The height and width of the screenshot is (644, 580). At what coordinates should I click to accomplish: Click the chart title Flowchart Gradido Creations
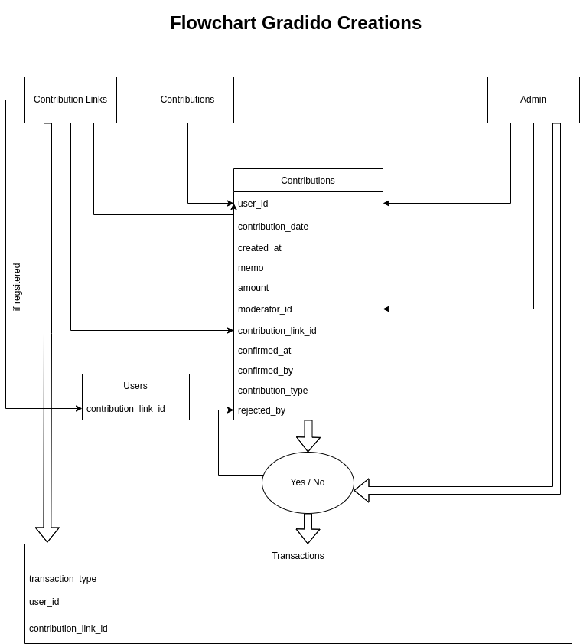(295, 23)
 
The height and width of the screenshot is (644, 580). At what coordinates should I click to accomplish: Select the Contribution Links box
(70, 100)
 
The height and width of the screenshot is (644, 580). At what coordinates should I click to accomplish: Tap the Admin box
(533, 100)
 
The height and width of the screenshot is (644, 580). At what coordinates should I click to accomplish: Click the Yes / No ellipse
(308, 482)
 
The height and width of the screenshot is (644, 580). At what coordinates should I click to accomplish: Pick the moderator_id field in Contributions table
(265, 309)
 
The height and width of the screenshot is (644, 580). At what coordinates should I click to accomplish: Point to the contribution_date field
(273, 227)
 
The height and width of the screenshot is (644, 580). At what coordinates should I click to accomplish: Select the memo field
(251, 268)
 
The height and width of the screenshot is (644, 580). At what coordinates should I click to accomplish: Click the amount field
(253, 288)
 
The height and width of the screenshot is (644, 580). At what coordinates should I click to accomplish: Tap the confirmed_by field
(266, 371)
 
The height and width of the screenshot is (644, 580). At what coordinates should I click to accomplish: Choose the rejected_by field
(262, 410)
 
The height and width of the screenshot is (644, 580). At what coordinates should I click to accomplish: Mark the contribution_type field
(272, 391)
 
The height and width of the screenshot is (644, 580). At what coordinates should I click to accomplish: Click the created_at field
(259, 248)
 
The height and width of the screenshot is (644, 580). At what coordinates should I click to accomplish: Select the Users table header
(135, 386)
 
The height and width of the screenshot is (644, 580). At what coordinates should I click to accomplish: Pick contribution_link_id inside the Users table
(125, 409)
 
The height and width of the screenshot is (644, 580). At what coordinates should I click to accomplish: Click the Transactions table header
(298, 556)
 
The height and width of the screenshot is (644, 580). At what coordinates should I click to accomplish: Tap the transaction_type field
(63, 579)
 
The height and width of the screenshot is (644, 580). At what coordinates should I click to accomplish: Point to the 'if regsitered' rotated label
(17, 287)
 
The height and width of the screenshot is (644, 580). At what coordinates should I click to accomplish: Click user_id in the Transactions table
(44, 602)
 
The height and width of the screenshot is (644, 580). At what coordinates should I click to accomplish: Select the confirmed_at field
(264, 351)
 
